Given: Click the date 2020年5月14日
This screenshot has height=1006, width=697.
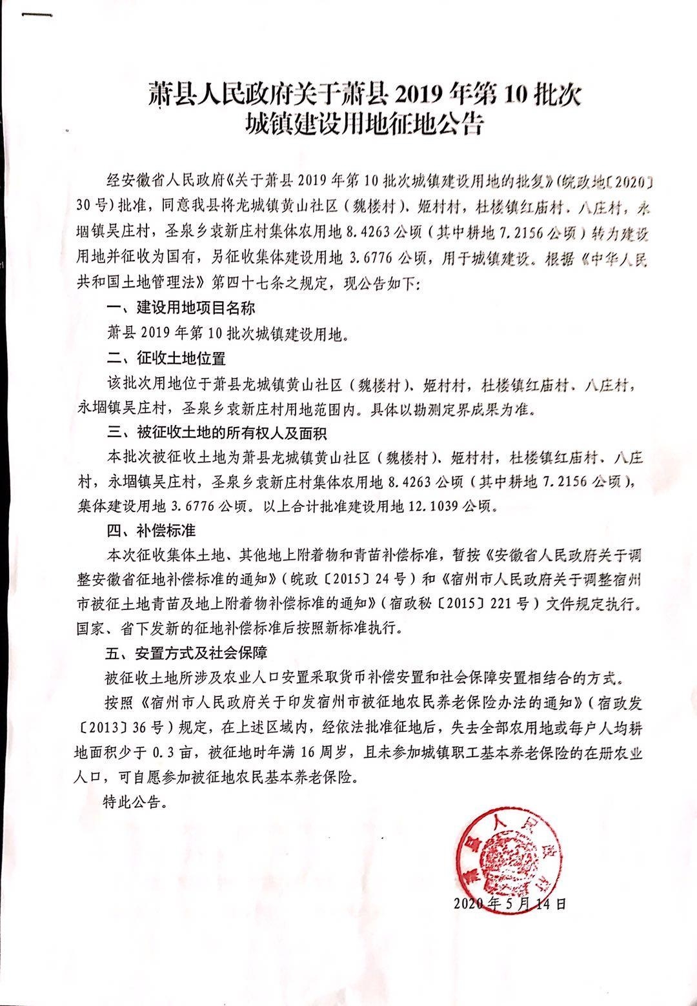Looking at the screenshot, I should click(510, 903).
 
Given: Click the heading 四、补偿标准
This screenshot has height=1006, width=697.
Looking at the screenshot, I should click(150, 531).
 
